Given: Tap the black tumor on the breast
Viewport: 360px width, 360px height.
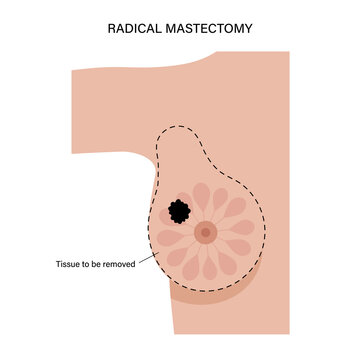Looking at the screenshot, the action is click(x=178, y=210).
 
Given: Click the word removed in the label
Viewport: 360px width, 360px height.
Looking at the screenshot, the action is click(x=125, y=266).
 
